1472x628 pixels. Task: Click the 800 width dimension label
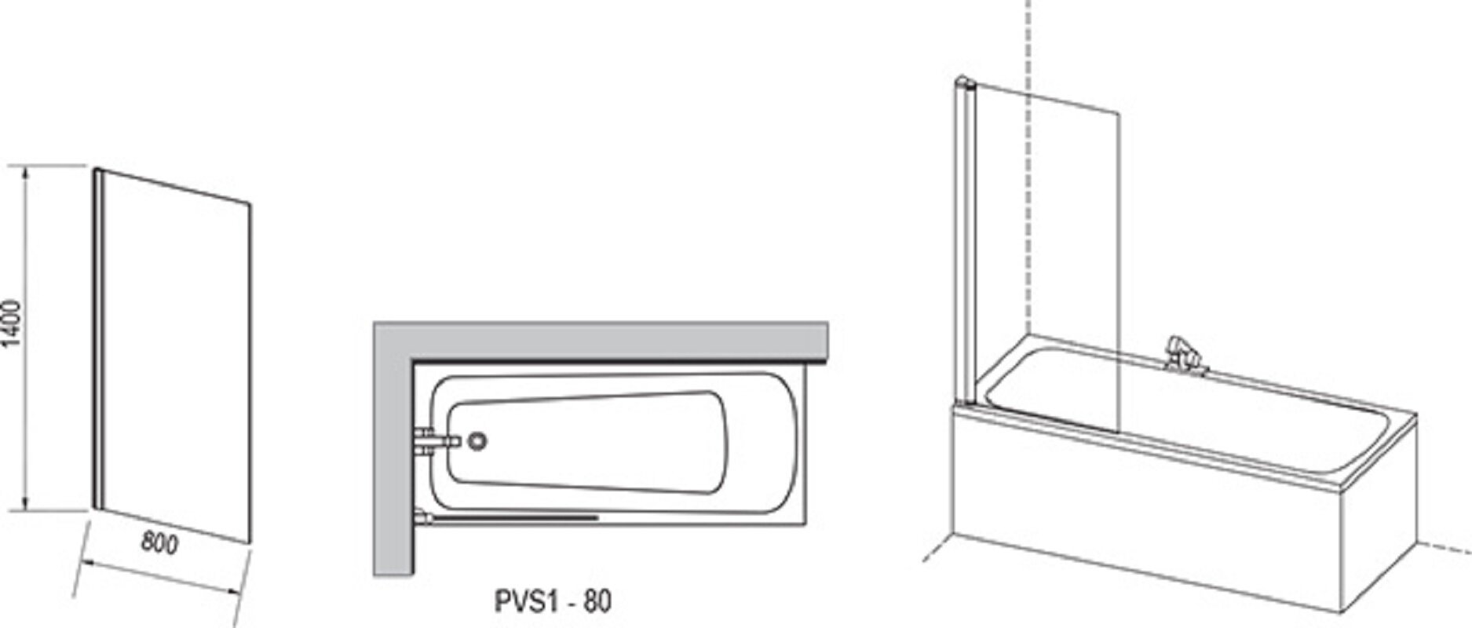coord(159,542)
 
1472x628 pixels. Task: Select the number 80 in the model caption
coord(598,601)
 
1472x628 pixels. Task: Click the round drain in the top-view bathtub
coord(477,441)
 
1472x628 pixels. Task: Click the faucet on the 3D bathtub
coord(1182,354)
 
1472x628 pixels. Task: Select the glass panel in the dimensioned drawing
coord(173,355)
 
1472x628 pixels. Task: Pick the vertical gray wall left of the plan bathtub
coord(393,448)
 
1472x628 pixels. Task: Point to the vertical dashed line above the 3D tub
coord(1028,165)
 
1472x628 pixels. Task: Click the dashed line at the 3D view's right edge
coord(1444,547)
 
